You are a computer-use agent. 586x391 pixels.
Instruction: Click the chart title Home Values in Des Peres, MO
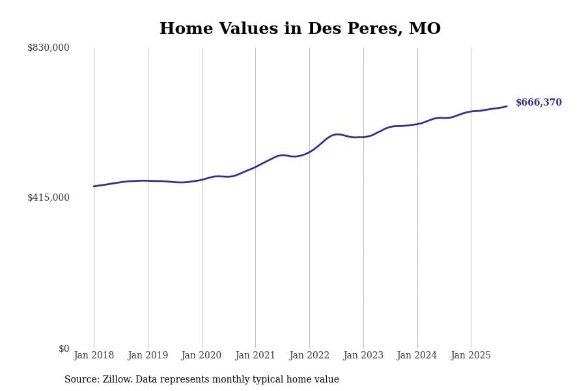coord(300,29)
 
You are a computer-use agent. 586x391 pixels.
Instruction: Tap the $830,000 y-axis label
coord(48,48)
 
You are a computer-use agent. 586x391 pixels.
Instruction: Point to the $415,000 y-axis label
coord(48,197)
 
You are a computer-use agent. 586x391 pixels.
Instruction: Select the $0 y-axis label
coord(64,349)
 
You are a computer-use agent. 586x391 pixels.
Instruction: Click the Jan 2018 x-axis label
coord(94,356)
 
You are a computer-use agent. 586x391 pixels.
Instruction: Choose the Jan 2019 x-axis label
coord(148,356)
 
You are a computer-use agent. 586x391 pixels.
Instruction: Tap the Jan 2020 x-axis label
coord(201,356)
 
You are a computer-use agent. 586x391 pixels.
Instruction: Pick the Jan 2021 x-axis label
coord(255,356)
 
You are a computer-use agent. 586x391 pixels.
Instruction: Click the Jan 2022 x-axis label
coord(309,356)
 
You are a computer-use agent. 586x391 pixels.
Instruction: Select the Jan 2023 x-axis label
coord(363,356)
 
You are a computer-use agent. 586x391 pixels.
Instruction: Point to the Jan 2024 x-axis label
coord(417,356)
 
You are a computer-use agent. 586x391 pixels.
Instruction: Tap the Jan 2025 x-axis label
coord(471,356)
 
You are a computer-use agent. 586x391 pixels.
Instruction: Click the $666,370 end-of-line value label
coord(538,103)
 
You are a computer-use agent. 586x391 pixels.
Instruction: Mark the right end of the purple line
coord(507,106)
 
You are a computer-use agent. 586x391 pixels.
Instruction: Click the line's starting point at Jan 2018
coord(94,186)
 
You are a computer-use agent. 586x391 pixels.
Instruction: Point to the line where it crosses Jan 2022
coord(309,152)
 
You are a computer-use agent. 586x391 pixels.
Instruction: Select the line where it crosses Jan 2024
coord(417,124)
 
